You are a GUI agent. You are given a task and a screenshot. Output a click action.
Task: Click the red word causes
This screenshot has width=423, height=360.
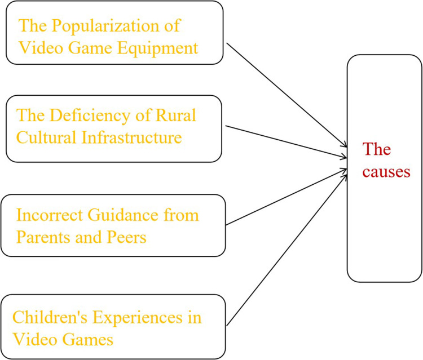386,172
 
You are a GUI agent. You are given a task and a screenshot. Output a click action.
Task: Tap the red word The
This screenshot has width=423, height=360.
376,150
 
